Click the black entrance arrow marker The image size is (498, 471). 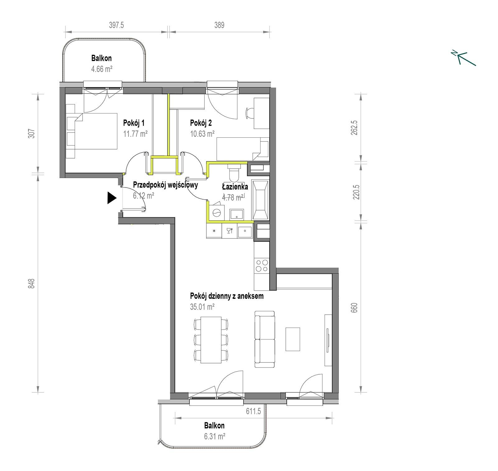pos(112,198)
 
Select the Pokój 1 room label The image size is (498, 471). pos(134,123)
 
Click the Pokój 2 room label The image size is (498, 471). pos(201,123)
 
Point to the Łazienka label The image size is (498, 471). pos(235,187)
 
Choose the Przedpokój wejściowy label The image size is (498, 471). pos(165,185)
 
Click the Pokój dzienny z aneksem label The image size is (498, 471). pos(227,296)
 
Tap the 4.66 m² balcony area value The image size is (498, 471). pos(101,69)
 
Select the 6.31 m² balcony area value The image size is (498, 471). pos(215,436)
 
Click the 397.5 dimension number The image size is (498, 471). pos(116,25)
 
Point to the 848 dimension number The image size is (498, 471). pos(31,283)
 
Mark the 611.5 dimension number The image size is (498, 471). pos(253,411)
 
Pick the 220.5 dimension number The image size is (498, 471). pos(356,192)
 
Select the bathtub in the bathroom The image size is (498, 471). pos(260,200)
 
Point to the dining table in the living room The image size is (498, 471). pos(211,340)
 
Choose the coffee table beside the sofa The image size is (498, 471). pos(293,339)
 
